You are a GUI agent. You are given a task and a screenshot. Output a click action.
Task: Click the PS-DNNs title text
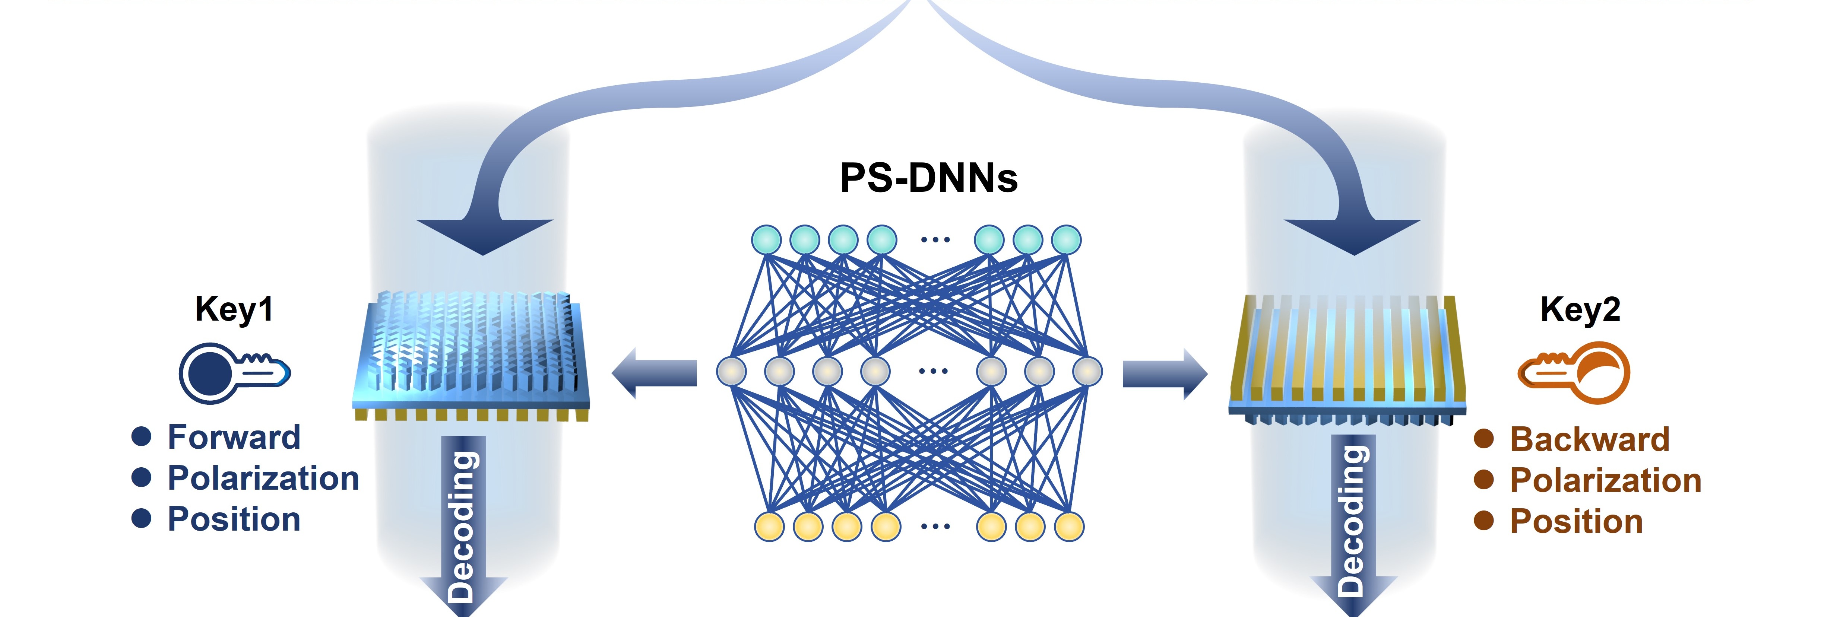[928, 178]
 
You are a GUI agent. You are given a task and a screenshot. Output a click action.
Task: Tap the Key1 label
[234, 309]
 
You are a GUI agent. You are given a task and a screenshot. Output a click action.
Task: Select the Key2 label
[1580, 309]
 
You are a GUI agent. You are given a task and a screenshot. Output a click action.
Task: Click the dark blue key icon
[233, 372]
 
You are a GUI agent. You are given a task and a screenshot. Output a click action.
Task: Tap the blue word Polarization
[263, 478]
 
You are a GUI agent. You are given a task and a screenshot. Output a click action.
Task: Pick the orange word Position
[1576, 522]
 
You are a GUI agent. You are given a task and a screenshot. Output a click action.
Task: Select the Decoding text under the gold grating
[1352, 523]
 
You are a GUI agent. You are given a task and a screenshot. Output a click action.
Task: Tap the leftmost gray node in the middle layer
[732, 370]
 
